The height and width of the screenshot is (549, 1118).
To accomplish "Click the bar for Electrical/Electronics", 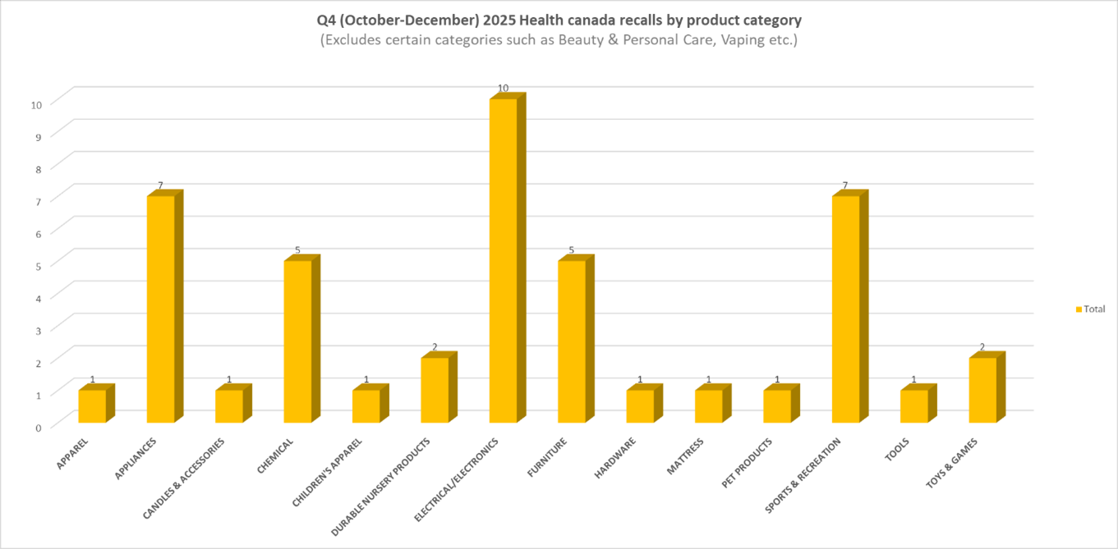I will click(x=503, y=261).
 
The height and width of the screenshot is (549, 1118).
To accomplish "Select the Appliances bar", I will click(x=160, y=309).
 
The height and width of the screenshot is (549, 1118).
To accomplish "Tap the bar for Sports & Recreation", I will click(x=845, y=309).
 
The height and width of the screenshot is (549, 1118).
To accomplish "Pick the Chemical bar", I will click(x=297, y=341).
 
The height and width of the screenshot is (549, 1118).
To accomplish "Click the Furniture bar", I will click(x=571, y=341).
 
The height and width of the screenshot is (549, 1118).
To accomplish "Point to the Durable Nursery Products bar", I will click(x=435, y=390).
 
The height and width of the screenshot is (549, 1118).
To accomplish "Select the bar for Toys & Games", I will click(x=982, y=390).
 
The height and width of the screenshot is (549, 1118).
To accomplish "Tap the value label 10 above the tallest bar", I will click(x=503, y=88).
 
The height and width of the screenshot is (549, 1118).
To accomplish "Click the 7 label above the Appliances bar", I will click(x=160, y=185).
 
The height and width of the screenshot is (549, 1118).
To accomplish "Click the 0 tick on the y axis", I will click(x=36, y=428).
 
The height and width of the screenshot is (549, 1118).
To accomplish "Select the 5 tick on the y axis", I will click(x=36, y=266).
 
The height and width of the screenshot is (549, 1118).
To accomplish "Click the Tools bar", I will click(x=913, y=406).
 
